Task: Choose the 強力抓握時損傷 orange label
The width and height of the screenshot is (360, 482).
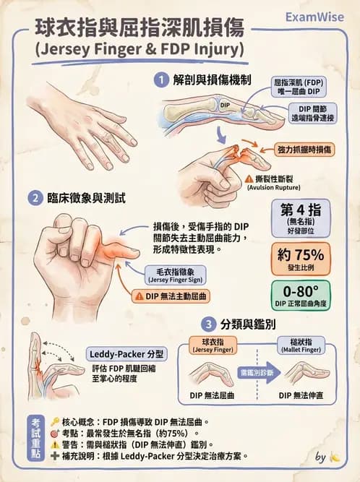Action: (304, 149)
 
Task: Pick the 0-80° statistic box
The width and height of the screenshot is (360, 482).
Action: (304, 296)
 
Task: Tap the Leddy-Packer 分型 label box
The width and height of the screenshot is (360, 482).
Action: (127, 354)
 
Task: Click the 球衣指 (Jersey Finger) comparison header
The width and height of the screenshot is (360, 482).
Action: (211, 344)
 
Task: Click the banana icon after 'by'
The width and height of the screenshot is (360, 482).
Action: (333, 457)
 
